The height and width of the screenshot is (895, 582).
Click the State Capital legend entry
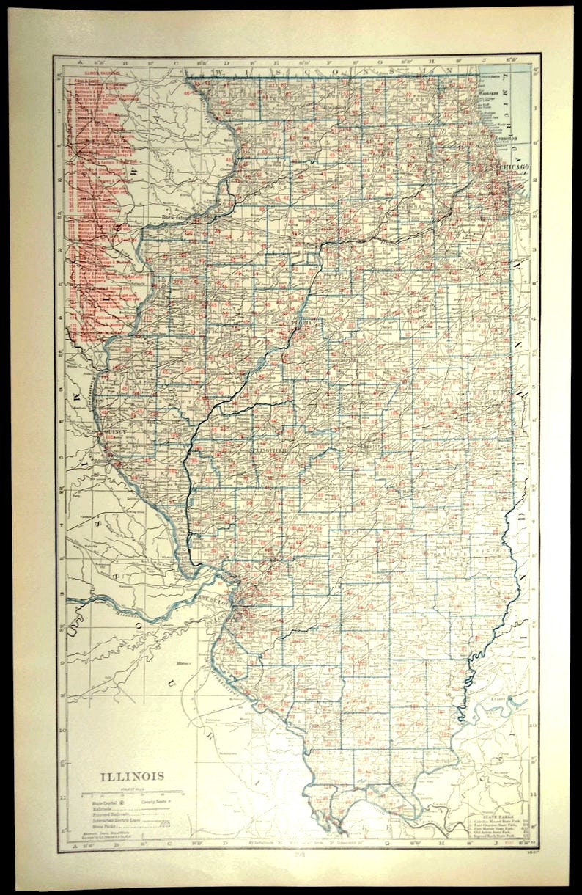click(98, 805)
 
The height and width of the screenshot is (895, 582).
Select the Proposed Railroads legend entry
click(102, 815)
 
